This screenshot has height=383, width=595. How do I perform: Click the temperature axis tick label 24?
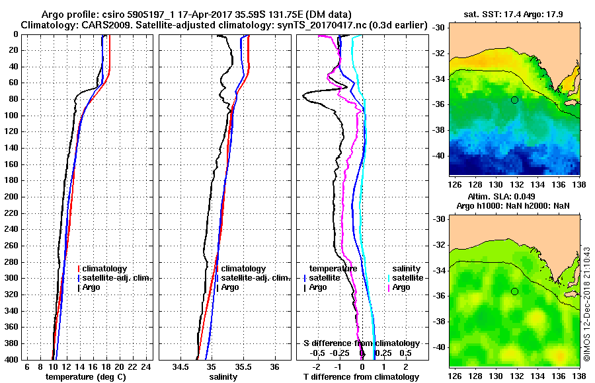(147, 366)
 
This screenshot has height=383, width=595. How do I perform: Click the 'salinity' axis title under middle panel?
(224, 376)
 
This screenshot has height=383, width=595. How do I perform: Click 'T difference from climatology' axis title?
(361, 376)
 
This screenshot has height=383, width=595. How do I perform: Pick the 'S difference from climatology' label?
(361, 343)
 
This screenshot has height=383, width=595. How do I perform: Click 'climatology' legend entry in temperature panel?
(106, 269)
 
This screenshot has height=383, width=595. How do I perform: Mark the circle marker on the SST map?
(514, 100)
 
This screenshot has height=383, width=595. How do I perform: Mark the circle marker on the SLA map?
(514, 291)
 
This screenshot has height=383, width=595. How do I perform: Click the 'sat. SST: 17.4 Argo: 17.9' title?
(514, 13)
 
